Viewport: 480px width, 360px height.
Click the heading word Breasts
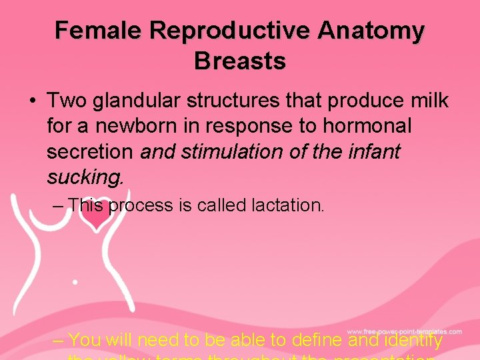[240, 61]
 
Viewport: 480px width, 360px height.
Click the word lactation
[288, 206]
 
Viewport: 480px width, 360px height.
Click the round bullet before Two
[31, 102]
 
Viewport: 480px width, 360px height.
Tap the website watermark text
[404, 331]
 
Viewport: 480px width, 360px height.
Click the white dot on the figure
[74, 282]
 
